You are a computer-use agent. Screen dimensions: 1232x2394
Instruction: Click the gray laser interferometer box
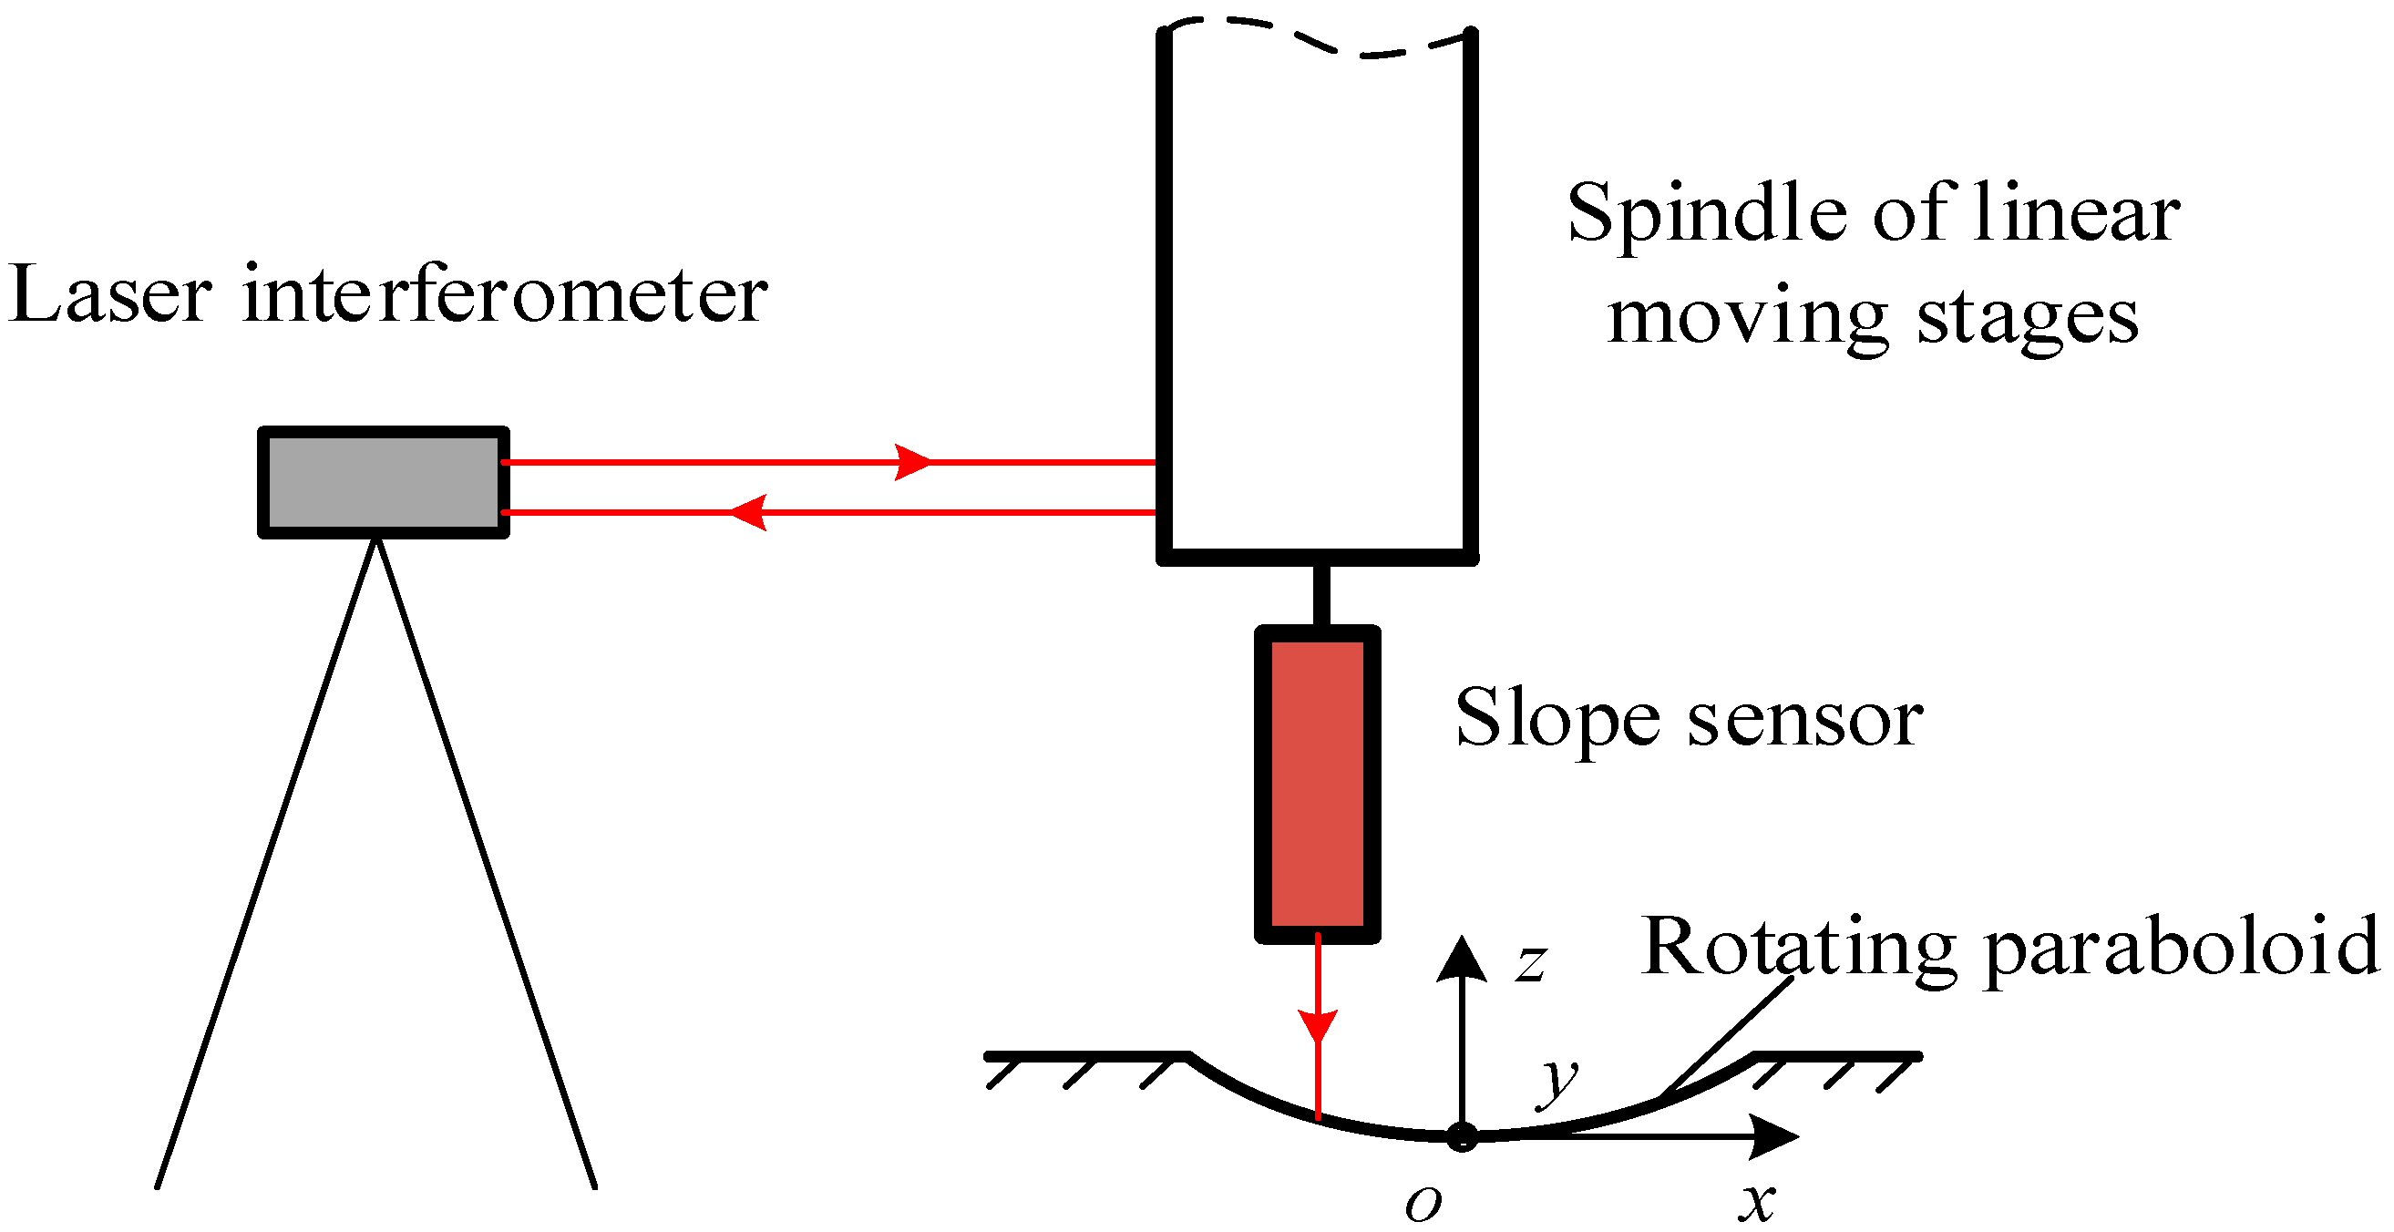[383, 481]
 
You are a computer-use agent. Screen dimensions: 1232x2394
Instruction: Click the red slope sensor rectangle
[1317, 784]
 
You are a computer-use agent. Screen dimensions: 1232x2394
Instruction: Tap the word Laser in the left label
[110, 295]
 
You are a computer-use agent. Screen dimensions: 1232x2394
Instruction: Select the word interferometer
[505, 295]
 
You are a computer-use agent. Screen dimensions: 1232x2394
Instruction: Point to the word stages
[2028, 320]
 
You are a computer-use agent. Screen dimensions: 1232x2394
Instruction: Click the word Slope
[1557, 718]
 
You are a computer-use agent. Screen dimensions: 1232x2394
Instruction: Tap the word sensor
[1804, 720]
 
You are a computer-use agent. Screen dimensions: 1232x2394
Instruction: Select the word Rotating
[1799, 948]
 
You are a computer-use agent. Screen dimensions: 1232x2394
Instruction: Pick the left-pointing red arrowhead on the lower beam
[747, 512]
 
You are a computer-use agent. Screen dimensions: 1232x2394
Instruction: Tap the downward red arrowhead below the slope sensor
[1317, 1025]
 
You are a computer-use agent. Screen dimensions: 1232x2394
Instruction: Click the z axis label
[1531, 963]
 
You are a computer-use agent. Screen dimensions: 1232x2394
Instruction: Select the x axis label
[1756, 1202]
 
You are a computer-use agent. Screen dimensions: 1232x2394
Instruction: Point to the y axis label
[1557, 1082]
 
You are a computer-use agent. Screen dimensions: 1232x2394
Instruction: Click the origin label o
[1423, 1204]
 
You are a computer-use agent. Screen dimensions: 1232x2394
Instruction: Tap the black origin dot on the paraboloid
[1462, 1136]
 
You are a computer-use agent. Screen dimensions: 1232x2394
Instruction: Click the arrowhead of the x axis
[1775, 1136]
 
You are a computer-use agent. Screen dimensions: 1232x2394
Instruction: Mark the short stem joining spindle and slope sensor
[1320, 595]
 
